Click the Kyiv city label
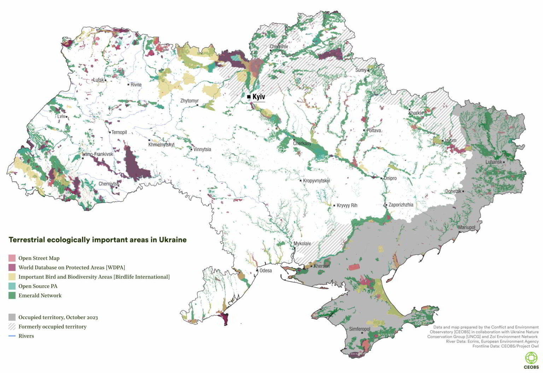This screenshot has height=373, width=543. pyautogui.click(x=259, y=96)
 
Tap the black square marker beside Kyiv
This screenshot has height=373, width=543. pyautogui.click(x=249, y=97)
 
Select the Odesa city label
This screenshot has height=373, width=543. pyautogui.click(x=265, y=271)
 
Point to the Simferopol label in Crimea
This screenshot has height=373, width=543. pyautogui.click(x=360, y=329)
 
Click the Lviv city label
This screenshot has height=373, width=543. pyautogui.click(x=61, y=116)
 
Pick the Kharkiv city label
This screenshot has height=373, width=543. pyautogui.click(x=416, y=113)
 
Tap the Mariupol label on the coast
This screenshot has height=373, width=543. pyautogui.click(x=467, y=227)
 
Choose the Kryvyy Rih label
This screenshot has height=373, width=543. pyautogui.click(x=347, y=205)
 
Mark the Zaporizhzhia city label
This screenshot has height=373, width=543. pyautogui.click(x=401, y=205)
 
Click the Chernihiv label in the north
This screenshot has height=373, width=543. pyautogui.click(x=279, y=46)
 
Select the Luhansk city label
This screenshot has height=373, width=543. pyautogui.click(x=494, y=162)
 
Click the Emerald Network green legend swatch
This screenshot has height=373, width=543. pyautogui.click(x=12, y=296)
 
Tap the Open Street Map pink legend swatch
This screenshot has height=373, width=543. pyautogui.click(x=12, y=258)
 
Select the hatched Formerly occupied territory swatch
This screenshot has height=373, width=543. pyautogui.click(x=12, y=327)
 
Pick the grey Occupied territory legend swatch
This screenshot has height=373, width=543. pyautogui.click(x=12, y=317)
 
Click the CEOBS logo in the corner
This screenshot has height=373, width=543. pyautogui.click(x=531, y=360)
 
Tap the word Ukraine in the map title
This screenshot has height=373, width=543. pyautogui.click(x=173, y=240)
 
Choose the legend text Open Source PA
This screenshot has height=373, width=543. pyautogui.click(x=38, y=286)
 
